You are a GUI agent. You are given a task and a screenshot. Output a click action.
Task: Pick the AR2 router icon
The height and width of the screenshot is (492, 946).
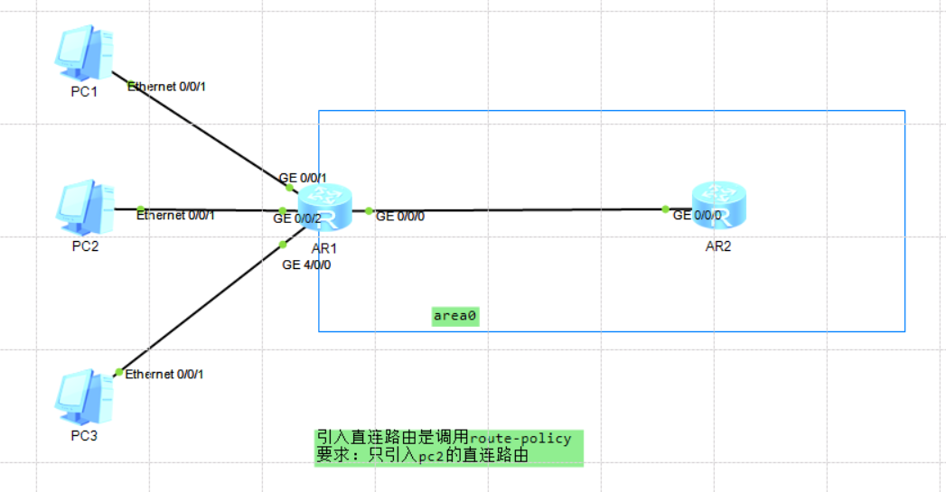[x=718, y=206]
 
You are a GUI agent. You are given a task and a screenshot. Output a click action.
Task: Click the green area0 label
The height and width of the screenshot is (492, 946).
[x=455, y=316]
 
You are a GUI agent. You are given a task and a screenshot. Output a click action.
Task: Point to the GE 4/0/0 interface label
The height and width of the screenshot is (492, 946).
[x=306, y=265]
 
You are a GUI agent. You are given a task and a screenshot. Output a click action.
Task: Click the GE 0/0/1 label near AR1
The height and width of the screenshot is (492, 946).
[x=303, y=178]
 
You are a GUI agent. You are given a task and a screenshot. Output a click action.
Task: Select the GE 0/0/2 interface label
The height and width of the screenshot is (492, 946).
[x=297, y=218]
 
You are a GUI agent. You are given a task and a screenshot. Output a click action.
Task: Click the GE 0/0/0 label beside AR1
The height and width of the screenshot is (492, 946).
[x=399, y=217]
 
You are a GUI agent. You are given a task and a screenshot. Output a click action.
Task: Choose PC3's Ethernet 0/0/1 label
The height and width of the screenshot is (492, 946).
[x=164, y=374]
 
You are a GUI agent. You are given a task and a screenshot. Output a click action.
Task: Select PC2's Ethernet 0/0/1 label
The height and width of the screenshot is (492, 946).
[x=175, y=215]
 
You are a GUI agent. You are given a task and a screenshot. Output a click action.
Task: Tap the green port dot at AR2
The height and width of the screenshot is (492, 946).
[x=665, y=209]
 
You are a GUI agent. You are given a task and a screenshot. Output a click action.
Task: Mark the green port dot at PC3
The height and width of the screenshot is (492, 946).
[x=118, y=372]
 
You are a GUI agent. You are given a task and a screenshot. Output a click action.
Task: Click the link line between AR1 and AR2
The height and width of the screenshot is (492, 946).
[x=515, y=209]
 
